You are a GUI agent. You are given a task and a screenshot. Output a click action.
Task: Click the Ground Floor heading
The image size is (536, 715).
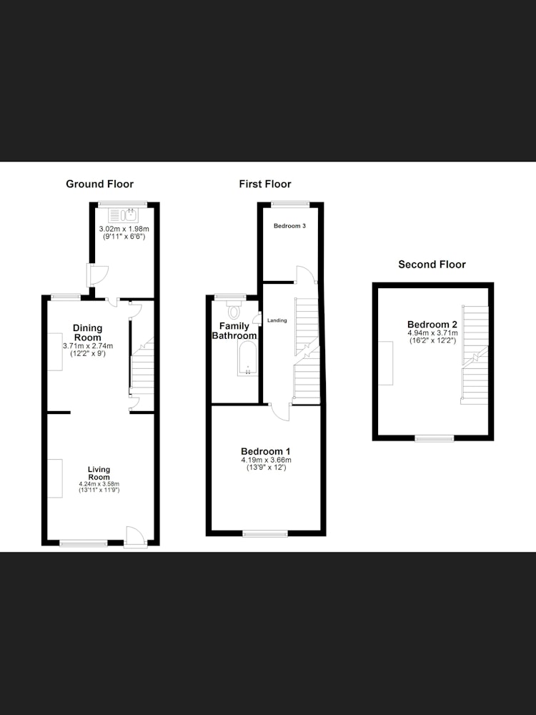tap(100, 184)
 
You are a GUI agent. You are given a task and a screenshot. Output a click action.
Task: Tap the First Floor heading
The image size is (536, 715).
tap(265, 184)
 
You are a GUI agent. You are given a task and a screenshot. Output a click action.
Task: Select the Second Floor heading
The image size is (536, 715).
tap(432, 265)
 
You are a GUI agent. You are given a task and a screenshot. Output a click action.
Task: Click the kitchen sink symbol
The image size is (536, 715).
tap(123, 214)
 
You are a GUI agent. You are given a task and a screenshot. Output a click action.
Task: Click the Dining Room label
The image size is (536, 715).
tap(87, 332)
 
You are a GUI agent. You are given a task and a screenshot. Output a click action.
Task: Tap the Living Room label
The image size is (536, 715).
tap(99, 473)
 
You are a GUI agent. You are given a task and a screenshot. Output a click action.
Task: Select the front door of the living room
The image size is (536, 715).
tap(135, 537)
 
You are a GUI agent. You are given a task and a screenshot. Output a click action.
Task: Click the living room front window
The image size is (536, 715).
tap(84, 543)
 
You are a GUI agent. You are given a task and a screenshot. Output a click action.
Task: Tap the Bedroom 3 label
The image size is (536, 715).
tap(289, 226)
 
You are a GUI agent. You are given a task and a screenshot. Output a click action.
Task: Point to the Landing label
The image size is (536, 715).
tap(277, 320)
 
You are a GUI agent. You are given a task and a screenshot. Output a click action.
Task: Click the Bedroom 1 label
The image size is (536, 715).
tap(266, 452)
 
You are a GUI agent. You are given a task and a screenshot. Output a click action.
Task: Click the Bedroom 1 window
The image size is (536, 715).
tap(265, 533)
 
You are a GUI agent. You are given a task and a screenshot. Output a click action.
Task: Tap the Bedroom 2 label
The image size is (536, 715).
tap(432, 325)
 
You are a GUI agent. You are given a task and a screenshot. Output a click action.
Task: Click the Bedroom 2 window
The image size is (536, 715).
tap(435, 439)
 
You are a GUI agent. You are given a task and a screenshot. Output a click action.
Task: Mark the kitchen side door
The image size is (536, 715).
tap(96, 275)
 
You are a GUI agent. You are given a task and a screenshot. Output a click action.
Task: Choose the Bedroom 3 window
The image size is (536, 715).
tap(290, 204)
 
